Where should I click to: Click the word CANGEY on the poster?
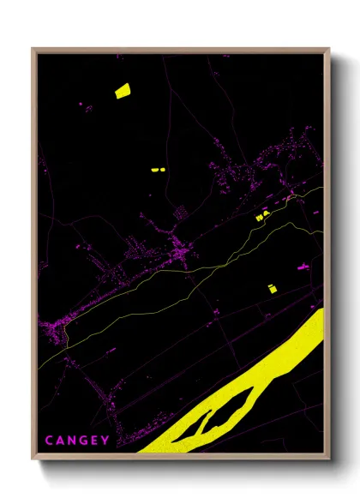pos(77,441)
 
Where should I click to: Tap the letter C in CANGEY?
pos(48,441)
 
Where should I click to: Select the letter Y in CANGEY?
pos(105,441)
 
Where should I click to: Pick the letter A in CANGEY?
pos(59,441)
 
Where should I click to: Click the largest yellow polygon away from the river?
pos(122,90)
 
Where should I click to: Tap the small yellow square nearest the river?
pos(273,289)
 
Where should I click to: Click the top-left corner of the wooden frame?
pos(33,49)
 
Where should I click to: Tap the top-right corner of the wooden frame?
pos(328,49)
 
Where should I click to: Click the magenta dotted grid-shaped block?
pos(181,213)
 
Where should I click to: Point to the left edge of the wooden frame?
pos(33,257)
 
